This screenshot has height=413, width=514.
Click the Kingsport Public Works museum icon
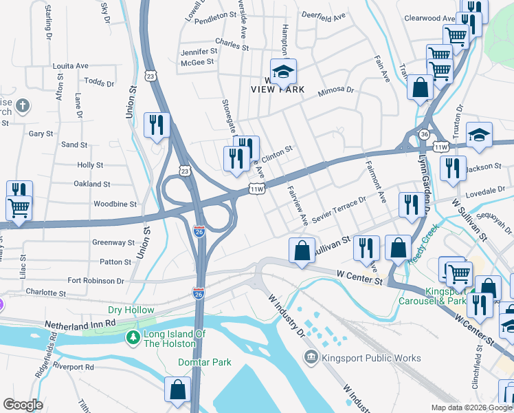pos(311,357)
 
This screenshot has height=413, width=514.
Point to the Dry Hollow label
pos(131,310)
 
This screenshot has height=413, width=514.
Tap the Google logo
pos(23,405)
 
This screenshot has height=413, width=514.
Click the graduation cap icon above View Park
pos(282,71)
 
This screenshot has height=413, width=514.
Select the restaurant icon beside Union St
pos(157,125)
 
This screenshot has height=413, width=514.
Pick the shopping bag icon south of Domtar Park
pos(177,389)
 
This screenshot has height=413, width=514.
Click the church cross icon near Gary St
pos(23,105)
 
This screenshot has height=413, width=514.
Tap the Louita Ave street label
pos(71,66)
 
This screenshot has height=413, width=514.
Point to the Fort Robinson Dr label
pos(96,281)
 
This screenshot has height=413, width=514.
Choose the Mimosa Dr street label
pos(335,90)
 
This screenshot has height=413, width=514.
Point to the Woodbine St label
pos(115,204)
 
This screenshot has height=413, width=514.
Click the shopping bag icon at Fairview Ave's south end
pos(302,251)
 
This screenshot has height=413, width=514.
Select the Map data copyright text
pos(470,407)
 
